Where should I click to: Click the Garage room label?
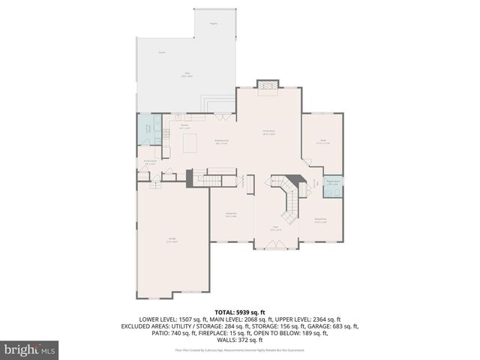tap(172, 240)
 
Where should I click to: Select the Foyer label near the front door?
tap(276, 227)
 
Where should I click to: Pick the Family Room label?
tap(268, 133)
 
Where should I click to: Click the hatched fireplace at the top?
tap(268, 87)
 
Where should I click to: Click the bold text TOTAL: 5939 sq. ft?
tap(240, 310)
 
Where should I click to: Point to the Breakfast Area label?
tap(222, 142)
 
